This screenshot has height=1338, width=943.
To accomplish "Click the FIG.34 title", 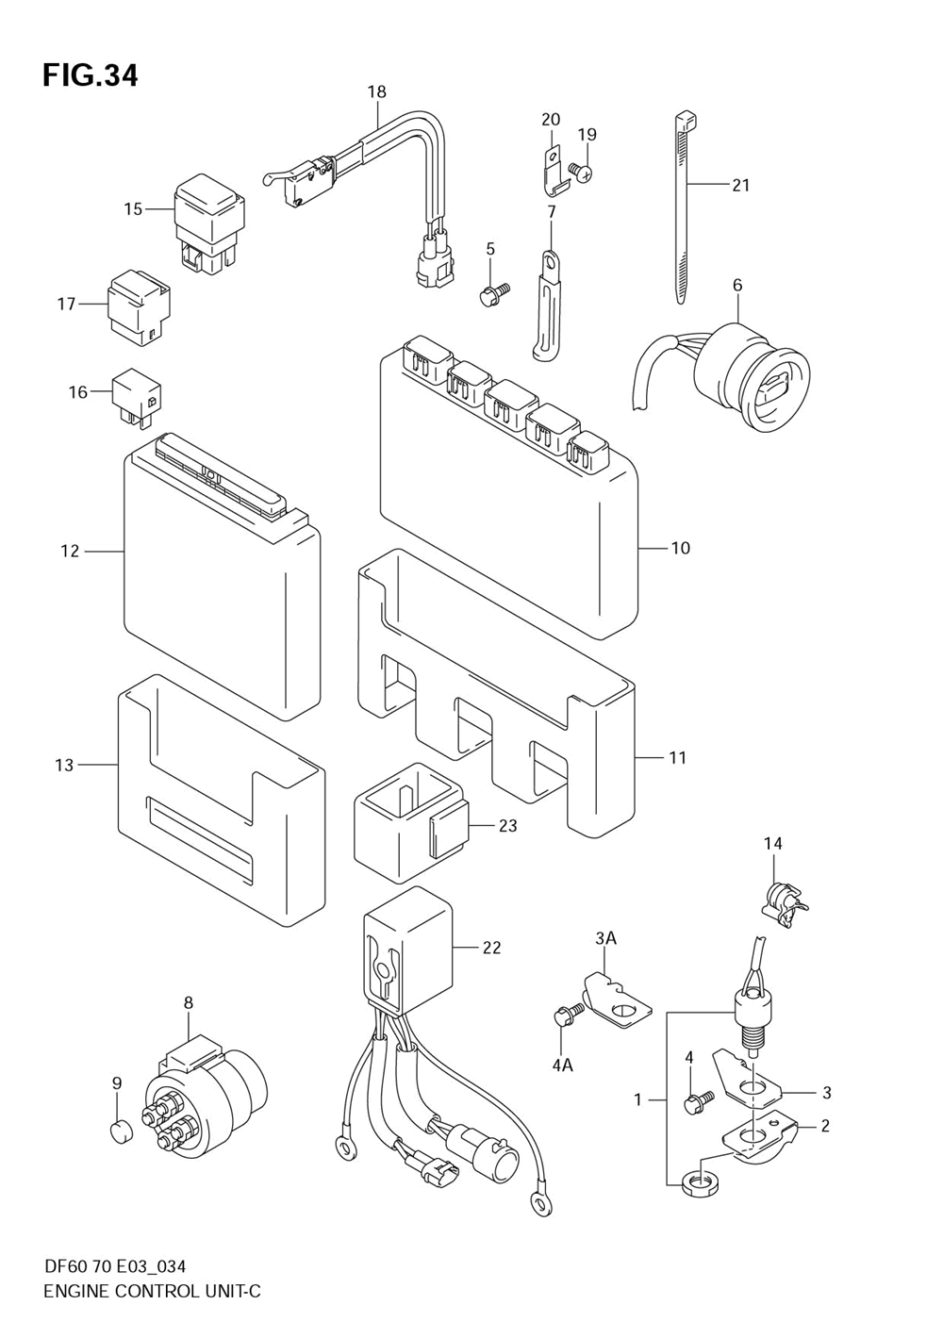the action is point(91,75).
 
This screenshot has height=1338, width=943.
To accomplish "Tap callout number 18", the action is point(377,91).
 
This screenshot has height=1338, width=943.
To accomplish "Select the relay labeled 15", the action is point(209,224).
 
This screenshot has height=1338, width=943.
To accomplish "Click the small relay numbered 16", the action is point(140,398).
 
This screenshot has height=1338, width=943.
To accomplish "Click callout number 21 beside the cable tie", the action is point(740,186).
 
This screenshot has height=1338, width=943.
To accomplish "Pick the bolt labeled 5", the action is point(496,292).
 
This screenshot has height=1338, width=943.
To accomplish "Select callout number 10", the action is point(681,548).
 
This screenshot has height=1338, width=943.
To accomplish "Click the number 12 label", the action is point(70,551).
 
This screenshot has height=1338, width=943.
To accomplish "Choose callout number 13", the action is point(64,765).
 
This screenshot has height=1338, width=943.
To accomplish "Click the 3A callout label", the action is point(605,938).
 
